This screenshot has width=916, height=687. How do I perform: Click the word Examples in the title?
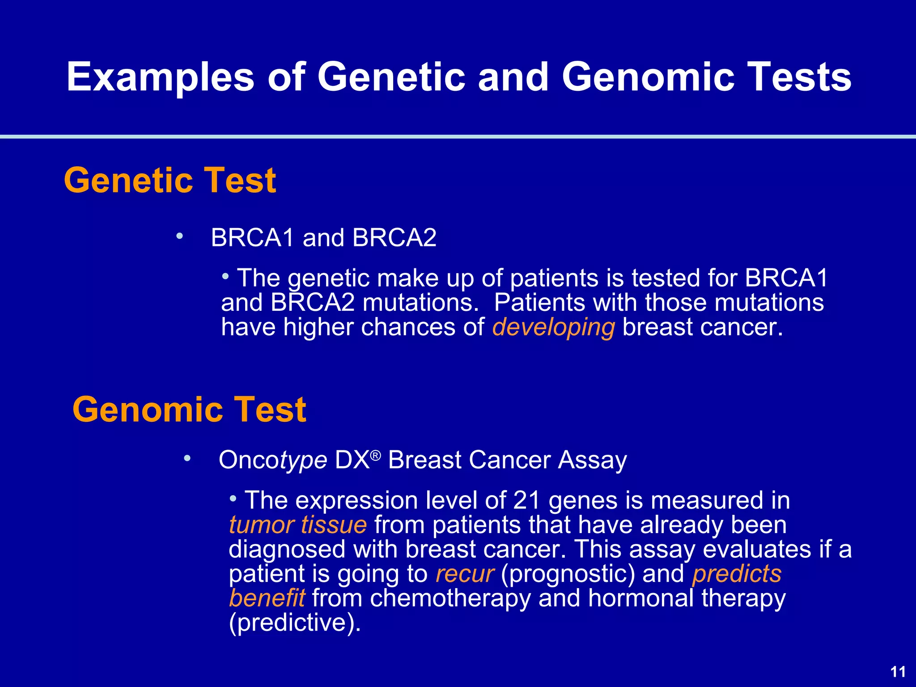161,77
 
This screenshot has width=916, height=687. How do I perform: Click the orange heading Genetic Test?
170,180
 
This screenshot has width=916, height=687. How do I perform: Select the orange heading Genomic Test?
189,409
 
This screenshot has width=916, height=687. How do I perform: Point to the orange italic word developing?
553,327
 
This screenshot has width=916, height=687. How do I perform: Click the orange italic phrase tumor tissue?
297,525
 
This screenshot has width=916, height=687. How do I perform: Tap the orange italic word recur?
465,574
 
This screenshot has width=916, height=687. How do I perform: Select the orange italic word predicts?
737,574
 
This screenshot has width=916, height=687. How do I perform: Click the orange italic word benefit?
267,598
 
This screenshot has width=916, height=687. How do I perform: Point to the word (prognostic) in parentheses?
568,574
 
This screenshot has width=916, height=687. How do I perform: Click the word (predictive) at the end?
294,623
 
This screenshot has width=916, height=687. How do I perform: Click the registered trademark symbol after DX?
376,455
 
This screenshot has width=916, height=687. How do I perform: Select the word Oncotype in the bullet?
272,460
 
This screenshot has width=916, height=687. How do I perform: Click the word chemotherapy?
450,598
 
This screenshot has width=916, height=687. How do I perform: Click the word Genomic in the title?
648,77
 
